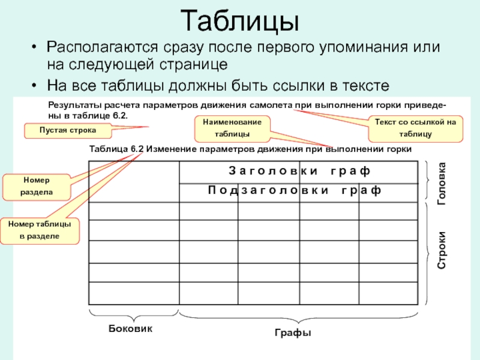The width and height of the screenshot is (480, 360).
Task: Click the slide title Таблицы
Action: point(240,21)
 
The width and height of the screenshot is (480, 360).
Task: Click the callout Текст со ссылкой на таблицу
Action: point(415,128)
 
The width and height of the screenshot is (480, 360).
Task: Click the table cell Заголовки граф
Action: point(299,171)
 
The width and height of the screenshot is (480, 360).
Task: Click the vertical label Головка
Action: point(443,182)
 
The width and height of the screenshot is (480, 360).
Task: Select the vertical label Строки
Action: point(443,251)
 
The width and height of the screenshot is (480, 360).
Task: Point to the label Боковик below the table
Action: point(131,329)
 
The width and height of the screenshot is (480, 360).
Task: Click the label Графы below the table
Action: point(297,333)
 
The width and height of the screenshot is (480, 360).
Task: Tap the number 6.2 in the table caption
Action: point(137,149)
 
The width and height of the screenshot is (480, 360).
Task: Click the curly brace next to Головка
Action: point(429,181)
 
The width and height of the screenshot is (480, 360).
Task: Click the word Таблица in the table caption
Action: point(107,149)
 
